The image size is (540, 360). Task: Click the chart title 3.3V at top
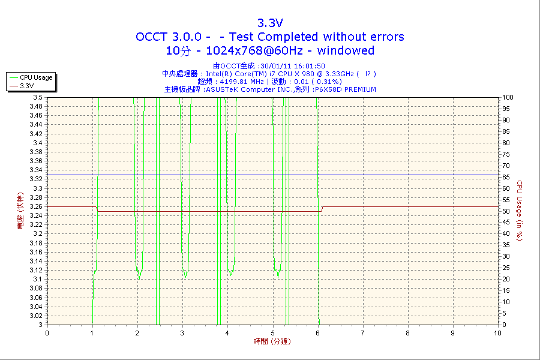click(270, 23)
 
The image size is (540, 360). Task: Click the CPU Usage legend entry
click(36, 77)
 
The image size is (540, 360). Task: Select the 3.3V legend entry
click(26, 86)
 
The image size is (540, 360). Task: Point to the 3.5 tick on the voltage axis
click(37, 97)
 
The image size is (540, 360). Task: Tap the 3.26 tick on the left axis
click(35, 206)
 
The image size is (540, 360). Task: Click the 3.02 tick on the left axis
click(35, 316)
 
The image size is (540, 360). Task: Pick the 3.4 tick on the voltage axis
click(37, 143)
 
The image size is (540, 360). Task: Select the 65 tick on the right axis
click(506, 177)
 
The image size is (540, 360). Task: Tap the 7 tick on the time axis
click(362, 332)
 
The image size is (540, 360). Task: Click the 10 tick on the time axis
click(497, 332)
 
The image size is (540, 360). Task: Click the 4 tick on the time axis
click(227, 332)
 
